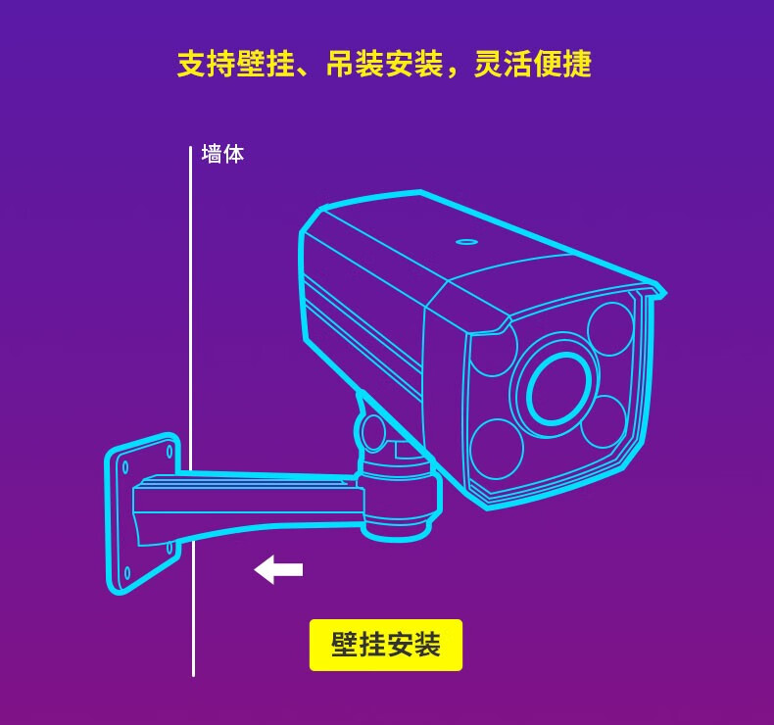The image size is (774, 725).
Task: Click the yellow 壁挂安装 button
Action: [385, 645]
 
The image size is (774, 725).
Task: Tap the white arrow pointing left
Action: [278, 569]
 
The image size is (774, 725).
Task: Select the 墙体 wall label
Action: [222, 154]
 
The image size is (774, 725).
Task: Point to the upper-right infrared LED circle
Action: [610, 328]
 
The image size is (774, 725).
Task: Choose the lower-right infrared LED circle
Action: [604, 421]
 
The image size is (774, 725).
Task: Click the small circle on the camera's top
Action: [466, 242]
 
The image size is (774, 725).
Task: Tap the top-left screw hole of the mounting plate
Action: [125, 467]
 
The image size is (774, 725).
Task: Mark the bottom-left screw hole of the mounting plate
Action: [126, 573]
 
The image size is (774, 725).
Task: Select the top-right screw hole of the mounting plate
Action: [169, 451]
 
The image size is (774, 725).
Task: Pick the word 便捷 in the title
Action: [562, 64]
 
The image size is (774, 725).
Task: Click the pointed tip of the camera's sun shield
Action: [665, 294]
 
